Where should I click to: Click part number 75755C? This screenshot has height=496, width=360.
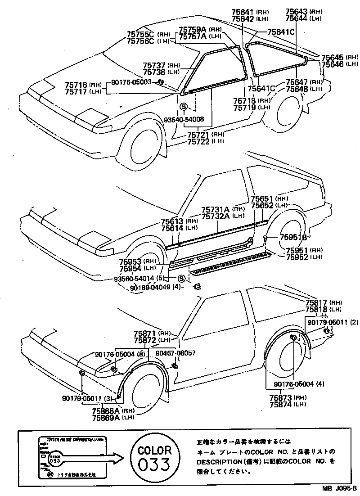click(x=140, y=34)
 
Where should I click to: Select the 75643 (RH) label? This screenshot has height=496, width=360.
click(x=297, y=12)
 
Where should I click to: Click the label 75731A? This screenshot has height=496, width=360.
click(x=216, y=209)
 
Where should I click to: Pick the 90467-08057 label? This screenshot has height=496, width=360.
click(x=175, y=353)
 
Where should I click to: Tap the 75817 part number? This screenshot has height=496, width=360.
click(x=317, y=303)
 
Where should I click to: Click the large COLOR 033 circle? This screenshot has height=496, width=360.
click(x=154, y=457)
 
